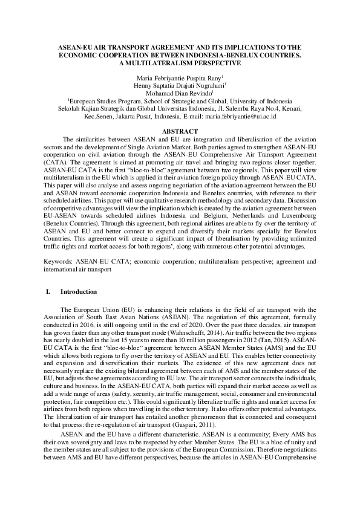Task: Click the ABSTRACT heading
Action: pyautogui.click(x=180, y=131)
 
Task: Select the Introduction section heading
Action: pyautogui.click(x=79, y=291)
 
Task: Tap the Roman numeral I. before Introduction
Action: pyautogui.click(x=48, y=291)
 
